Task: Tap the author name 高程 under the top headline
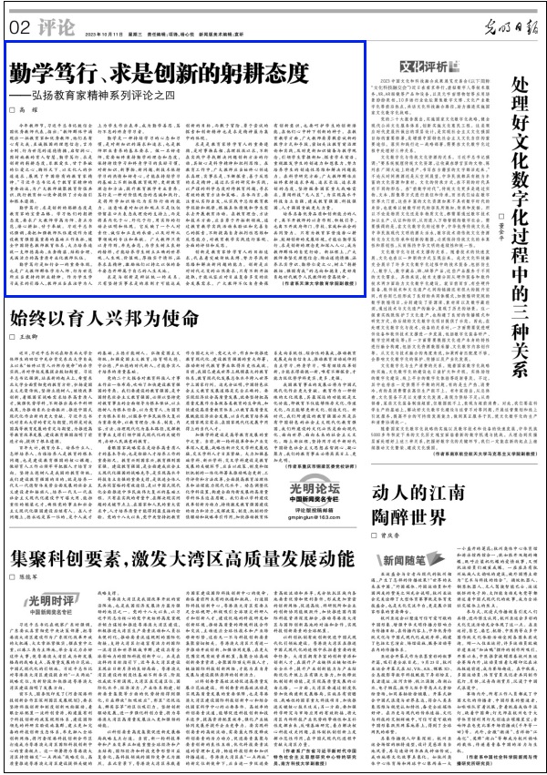pyautogui.click(x=36, y=108)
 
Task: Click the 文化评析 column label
pyautogui.click(x=423, y=66)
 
